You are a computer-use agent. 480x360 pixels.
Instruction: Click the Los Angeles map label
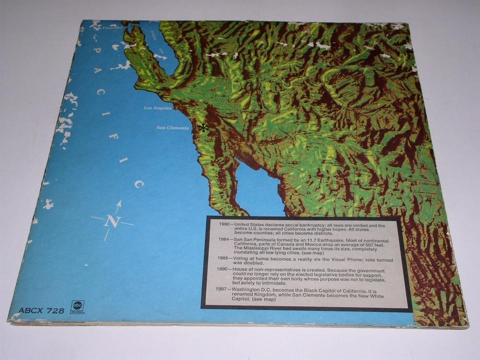point(157,108)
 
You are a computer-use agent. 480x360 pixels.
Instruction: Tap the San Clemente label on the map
point(172,128)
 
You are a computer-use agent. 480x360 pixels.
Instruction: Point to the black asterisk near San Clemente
point(202,128)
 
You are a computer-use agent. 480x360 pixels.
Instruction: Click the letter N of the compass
point(112,221)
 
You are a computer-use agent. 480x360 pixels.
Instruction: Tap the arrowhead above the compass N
point(118,204)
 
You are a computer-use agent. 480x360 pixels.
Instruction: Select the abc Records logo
point(77,306)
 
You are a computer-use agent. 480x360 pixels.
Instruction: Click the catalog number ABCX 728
point(41,310)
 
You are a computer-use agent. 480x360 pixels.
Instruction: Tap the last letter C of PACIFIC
point(138,184)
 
